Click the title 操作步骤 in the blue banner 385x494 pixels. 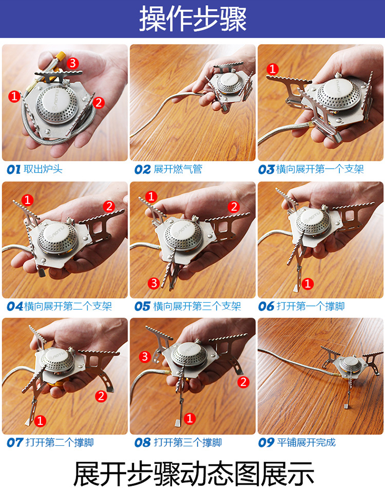pyautogui.click(x=193, y=19)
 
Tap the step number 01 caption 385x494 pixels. pyautogui.click(x=13, y=170)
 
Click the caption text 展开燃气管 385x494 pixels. pyautogui.click(x=178, y=169)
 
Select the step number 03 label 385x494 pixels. pyautogui.click(x=266, y=170)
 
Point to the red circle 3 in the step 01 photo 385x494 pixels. pyautogui.click(x=72, y=64)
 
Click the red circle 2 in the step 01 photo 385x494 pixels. pyautogui.click(x=99, y=102)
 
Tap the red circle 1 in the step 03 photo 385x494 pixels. pyautogui.click(x=273, y=69)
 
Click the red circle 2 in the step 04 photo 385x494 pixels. pyautogui.click(x=109, y=207)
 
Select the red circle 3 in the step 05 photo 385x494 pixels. pyautogui.click(x=153, y=283)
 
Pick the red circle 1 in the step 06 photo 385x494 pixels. pyautogui.click(x=307, y=283)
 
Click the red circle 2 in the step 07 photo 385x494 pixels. pyautogui.click(x=101, y=396)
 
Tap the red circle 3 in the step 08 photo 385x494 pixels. pyautogui.click(x=145, y=357)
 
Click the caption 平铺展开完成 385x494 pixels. pyautogui.click(x=306, y=442)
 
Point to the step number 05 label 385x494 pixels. pyautogui.click(x=142, y=306)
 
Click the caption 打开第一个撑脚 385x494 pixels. pyautogui.click(x=311, y=306)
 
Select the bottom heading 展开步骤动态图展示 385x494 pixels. pyautogui.click(x=194, y=474)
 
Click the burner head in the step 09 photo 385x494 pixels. pyautogui.click(x=350, y=364)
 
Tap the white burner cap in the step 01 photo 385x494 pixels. pyautogui.click(x=55, y=99)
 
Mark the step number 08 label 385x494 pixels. pyautogui.click(x=142, y=443)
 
